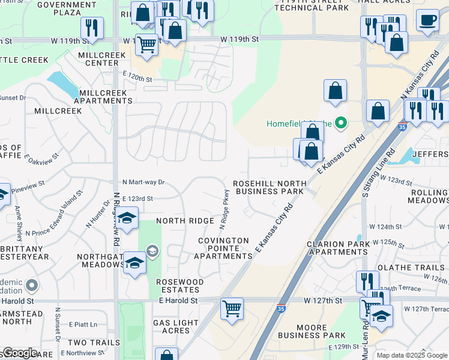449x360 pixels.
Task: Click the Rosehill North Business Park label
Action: [270, 187]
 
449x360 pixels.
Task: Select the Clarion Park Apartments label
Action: [337, 248]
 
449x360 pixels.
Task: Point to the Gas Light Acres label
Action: [171, 327]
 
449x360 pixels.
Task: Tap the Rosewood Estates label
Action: [180, 286]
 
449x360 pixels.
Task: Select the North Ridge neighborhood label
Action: [185, 221]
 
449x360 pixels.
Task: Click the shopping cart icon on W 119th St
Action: [146, 44]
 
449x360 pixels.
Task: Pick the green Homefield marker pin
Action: [341, 124]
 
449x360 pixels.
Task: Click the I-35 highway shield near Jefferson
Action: [402, 127]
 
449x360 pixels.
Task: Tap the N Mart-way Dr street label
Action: [143, 182]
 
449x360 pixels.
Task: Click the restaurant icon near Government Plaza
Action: [92, 28]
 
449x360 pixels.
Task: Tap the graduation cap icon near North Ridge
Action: [127, 219]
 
